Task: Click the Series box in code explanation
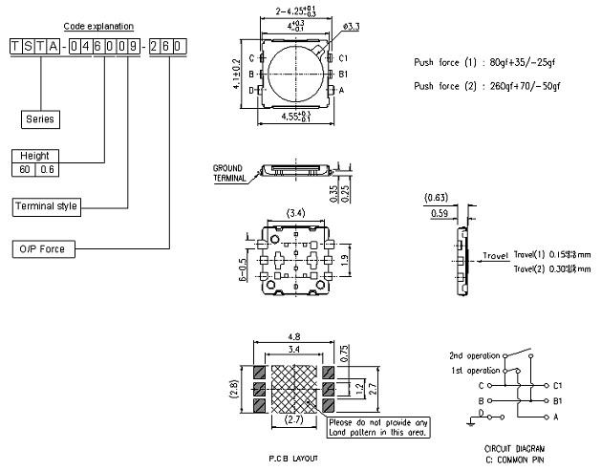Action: pos(41,119)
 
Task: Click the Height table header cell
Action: pos(33,156)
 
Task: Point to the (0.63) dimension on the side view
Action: pos(436,199)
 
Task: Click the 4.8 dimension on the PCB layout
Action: pos(293,335)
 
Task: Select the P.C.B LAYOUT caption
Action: pos(294,459)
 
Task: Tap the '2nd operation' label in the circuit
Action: pos(474,353)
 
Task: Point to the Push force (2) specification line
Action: pos(483,86)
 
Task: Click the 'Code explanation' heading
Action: pos(98,26)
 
